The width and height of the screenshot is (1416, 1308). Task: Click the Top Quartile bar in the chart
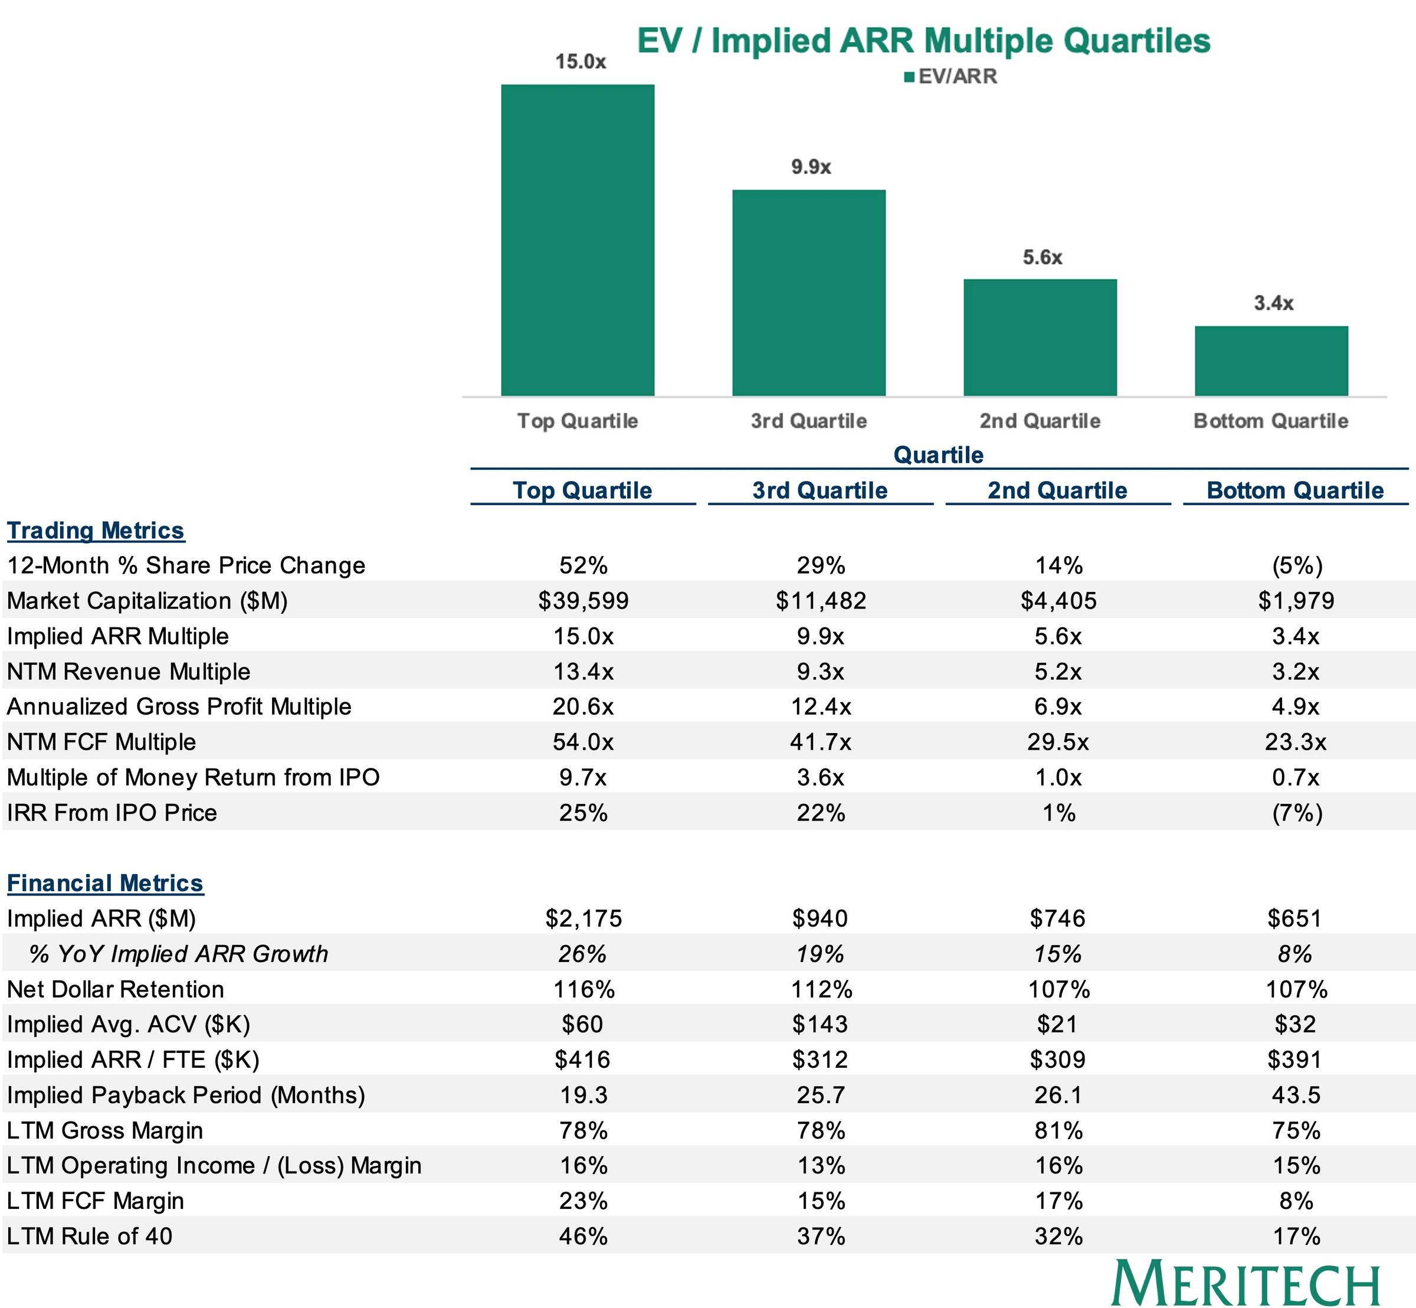click(578, 240)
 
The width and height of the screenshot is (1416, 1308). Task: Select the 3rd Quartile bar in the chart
click(809, 292)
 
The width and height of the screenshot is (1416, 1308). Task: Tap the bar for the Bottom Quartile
click(1271, 361)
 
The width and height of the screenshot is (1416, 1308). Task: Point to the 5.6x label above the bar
click(1043, 257)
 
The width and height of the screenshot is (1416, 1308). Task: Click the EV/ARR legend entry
click(950, 77)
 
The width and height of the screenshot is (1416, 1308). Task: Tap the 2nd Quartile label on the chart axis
click(1040, 421)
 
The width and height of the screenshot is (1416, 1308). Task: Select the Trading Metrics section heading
click(96, 531)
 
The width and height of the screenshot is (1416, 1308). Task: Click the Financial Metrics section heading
click(105, 884)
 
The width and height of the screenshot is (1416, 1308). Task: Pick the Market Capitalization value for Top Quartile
click(583, 601)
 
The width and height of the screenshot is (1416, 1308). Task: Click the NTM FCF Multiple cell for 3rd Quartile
click(820, 742)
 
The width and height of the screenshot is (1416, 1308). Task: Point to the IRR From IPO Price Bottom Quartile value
click(1296, 813)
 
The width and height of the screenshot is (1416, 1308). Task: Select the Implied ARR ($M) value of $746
click(1057, 918)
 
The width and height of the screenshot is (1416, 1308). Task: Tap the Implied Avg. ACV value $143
click(820, 1024)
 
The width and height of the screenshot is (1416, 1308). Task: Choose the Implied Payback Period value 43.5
click(1296, 1095)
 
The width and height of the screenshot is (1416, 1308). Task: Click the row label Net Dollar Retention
click(116, 989)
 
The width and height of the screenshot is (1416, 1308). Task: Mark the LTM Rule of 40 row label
click(89, 1236)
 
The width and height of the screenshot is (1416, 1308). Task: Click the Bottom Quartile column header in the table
click(1295, 490)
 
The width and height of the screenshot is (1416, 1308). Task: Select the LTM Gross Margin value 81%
click(1058, 1130)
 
